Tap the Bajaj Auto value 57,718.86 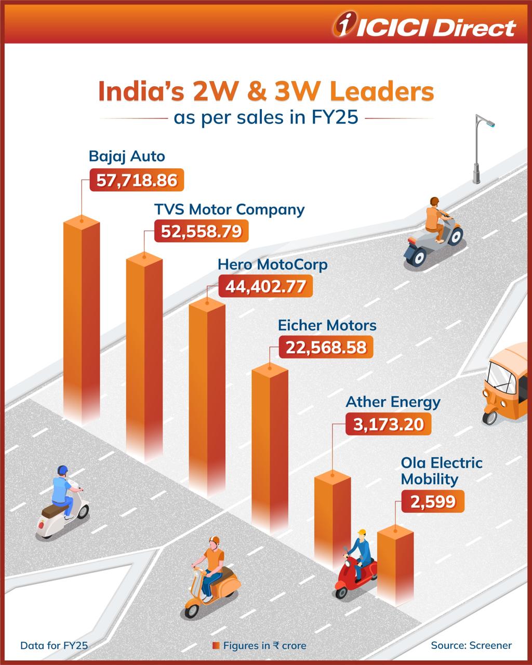[x=137, y=181]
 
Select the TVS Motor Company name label [x=229, y=209]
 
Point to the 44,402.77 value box [x=265, y=286]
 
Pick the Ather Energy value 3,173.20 [x=388, y=424]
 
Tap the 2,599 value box [x=433, y=502]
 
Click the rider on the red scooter [x=360, y=553]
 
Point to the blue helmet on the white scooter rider [x=63, y=470]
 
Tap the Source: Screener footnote [x=471, y=645]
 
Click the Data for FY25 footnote [x=54, y=646]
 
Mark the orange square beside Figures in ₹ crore [x=216, y=646]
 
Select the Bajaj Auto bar [x=82, y=317]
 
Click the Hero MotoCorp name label [x=272, y=264]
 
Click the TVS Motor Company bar [x=144, y=353]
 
